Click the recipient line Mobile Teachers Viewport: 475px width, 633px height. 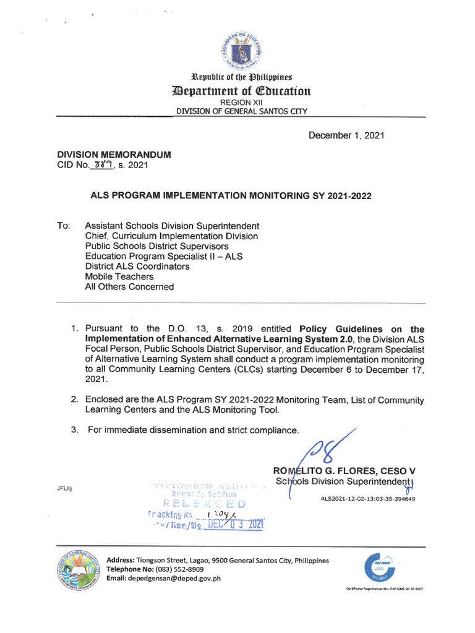click(119, 277)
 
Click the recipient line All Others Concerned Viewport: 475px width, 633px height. click(129, 287)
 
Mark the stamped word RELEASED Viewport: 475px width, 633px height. click(205, 504)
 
